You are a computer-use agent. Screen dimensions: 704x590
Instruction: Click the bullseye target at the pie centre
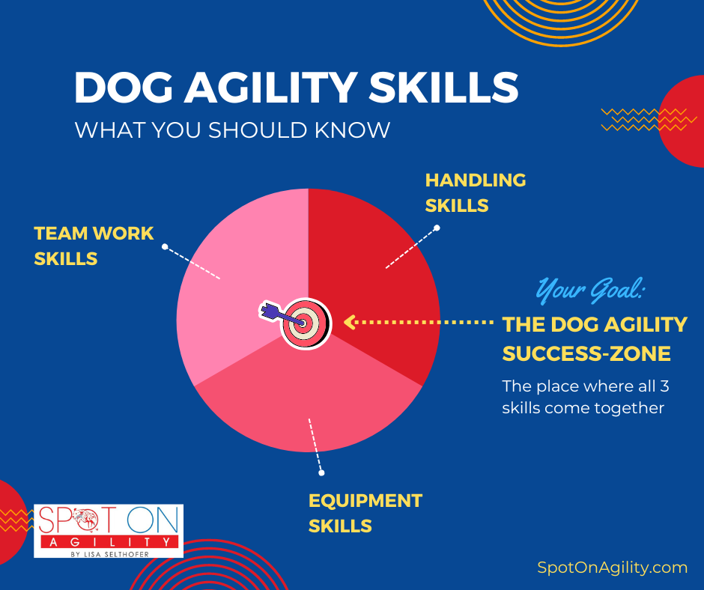306,323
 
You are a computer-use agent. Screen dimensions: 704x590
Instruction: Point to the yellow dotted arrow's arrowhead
350,323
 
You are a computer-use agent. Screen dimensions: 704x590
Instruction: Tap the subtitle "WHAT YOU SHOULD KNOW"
232,130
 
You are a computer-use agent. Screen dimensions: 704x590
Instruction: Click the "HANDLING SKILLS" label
476,192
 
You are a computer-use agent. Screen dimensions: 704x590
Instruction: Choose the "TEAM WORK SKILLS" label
94,246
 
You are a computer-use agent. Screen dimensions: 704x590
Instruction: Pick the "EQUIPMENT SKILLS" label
365,513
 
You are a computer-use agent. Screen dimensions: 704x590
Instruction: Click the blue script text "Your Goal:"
590,290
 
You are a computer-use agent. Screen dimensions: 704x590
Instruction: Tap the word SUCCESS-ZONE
586,354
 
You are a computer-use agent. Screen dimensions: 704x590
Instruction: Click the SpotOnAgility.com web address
613,568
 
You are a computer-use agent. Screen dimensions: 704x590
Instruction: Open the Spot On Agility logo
109,531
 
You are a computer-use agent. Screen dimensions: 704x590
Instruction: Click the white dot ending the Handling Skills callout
437,228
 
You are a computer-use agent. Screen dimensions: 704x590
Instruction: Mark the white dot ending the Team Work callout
165,246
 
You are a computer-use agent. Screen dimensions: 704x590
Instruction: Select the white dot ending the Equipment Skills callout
321,472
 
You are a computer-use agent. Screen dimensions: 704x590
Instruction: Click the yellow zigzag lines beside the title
643,120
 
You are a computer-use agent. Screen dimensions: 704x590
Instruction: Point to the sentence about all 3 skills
586,397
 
